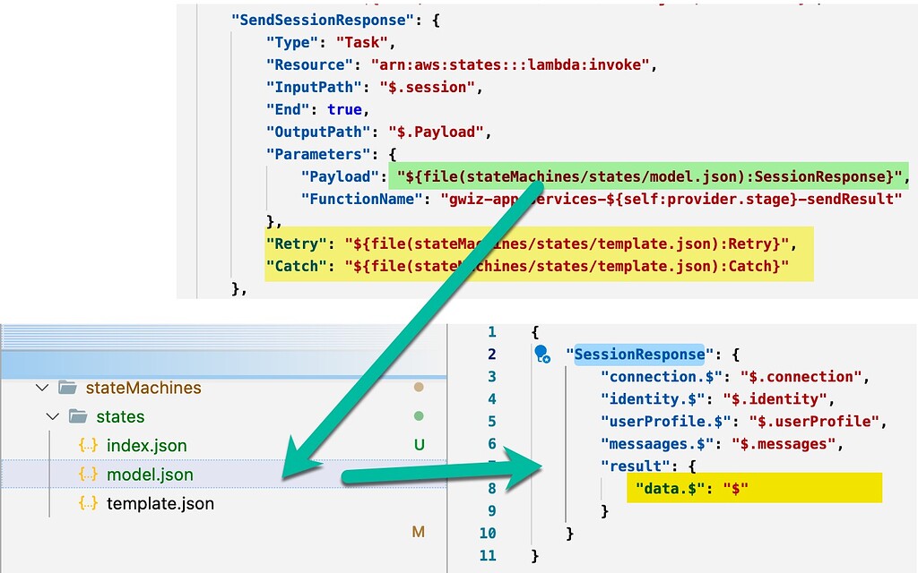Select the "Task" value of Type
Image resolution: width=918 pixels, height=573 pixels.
(365, 41)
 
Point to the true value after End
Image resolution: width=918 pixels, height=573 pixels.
(344, 109)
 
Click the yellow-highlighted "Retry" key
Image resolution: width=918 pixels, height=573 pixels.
(297, 244)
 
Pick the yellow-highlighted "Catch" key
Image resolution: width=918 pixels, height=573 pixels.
(297, 266)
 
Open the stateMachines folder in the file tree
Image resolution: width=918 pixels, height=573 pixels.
(143, 388)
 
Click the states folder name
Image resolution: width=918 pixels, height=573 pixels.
(120, 416)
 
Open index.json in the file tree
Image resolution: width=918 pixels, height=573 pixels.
(146, 445)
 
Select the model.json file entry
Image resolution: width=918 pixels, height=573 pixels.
(150, 475)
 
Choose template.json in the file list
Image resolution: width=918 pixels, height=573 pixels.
(160, 503)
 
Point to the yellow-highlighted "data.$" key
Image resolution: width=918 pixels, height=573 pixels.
(667, 489)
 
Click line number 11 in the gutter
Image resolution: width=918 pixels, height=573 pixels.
(487, 556)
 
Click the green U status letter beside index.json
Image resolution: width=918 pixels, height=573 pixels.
(418, 445)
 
